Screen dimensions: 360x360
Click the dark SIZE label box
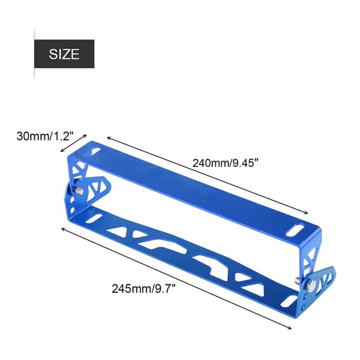[64, 54]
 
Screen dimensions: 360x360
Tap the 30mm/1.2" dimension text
[45, 136]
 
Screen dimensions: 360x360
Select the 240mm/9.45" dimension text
[226, 163]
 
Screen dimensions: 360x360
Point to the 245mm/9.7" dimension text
[144, 289]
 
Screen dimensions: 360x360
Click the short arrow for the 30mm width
[73, 143]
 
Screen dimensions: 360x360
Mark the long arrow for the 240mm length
[208, 175]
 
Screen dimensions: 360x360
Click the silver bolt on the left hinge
[79, 190]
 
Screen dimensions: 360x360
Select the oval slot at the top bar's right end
[295, 230]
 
